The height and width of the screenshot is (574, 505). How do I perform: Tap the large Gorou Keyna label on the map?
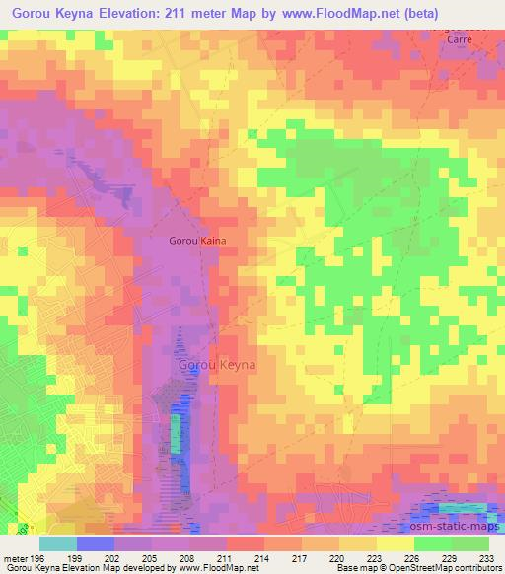[x=218, y=365]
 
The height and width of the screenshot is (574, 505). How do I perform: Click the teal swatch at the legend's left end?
[x=58, y=543]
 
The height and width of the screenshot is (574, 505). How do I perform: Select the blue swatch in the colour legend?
[x=96, y=543]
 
